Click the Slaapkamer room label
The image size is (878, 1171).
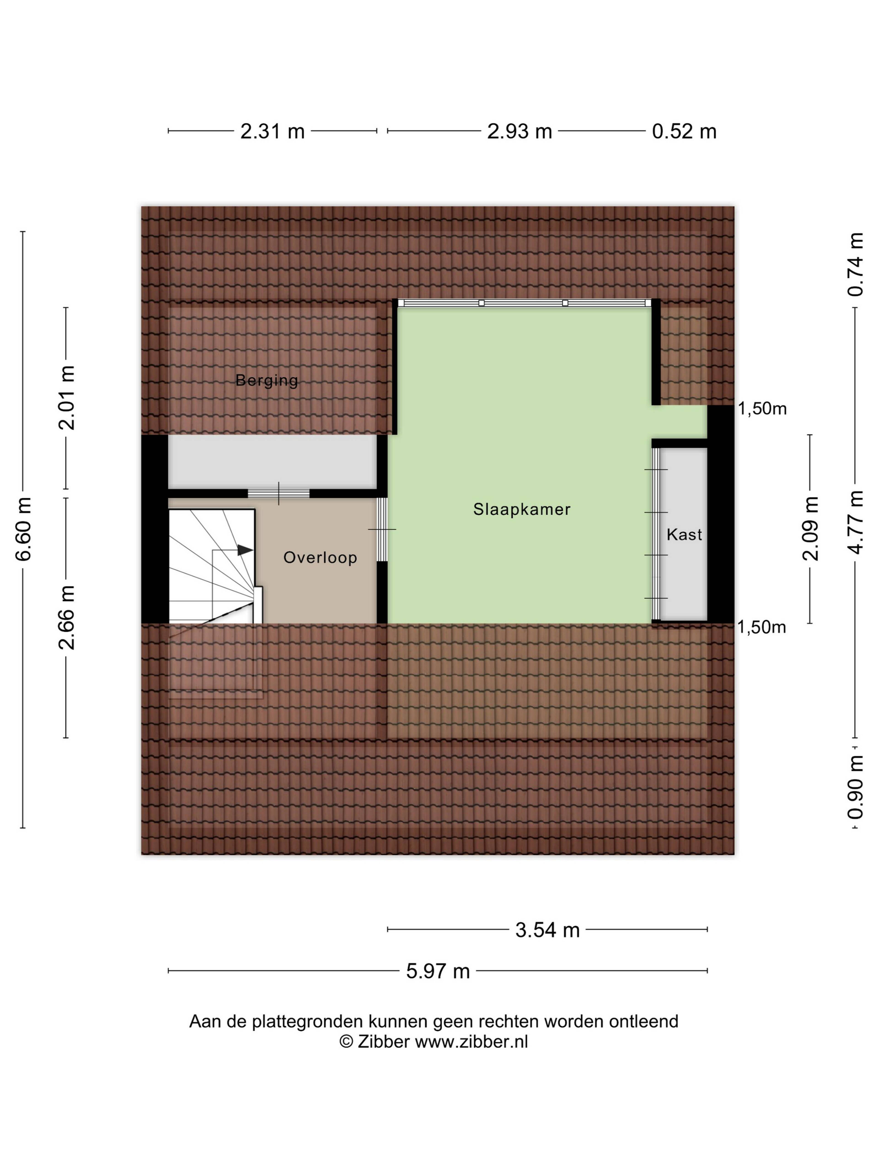click(521, 509)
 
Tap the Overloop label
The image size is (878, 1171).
click(320, 557)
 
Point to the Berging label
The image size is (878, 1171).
click(267, 380)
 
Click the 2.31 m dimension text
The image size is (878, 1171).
click(273, 131)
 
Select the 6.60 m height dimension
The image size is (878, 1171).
click(24, 528)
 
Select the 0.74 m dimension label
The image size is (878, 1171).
click(855, 265)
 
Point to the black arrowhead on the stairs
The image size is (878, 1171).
click(244, 550)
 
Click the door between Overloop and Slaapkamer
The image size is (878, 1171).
click(382, 529)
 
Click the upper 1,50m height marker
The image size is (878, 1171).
click(762, 409)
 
